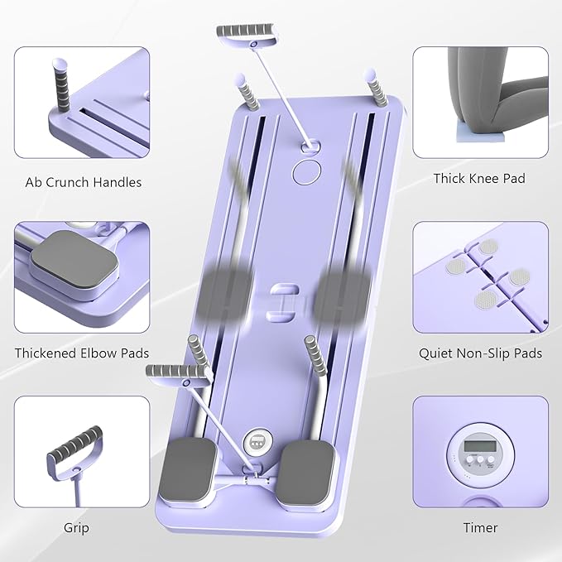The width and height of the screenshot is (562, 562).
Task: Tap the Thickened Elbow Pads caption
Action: pyautogui.click(x=81, y=353)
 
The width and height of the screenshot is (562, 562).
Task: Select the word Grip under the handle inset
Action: pyautogui.click(x=76, y=527)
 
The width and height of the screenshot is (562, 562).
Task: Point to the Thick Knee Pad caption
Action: pyautogui.click(x=479, y=178)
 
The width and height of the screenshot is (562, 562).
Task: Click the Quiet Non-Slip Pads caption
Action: pyautogui.click(x=479, y=353)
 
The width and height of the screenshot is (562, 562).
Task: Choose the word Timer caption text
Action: pyautogui.click(x=480, y=527)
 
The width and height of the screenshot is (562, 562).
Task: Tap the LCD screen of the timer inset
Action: pyautogui.click(x=480, y=448)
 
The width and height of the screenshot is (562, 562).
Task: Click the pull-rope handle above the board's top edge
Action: pyautogui.click(x=245, y=34)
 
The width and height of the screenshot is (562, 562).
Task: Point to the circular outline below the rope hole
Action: pyautogui.click(x=307, y=171)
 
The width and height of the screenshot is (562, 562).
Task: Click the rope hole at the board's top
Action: pyautogui.click(x=312, y=146)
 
